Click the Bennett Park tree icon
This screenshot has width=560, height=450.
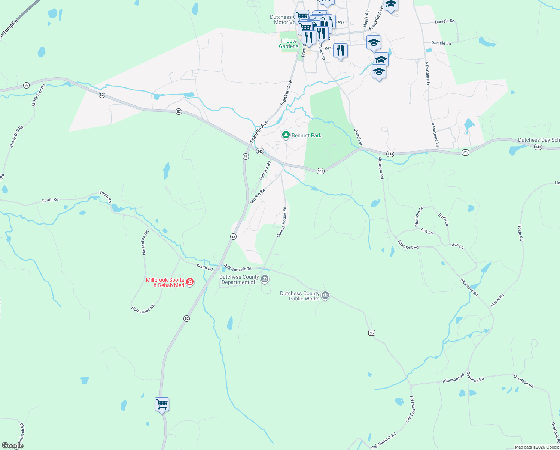coord(286,135)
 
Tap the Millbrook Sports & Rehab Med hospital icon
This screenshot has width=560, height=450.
coord(190,282)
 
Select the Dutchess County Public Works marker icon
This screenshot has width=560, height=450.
coord(325,295)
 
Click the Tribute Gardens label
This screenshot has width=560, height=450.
coord(289,44)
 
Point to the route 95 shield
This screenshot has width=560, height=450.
coord(371,333)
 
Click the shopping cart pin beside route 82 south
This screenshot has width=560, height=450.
coord(162,405)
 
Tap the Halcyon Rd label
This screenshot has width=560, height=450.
coord(265,171)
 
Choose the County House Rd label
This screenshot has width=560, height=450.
coord(281,222)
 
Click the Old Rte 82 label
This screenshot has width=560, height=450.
coord(257,196)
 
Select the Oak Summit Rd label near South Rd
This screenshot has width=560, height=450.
coord(238,268)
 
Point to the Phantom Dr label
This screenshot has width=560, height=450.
coord(419,217)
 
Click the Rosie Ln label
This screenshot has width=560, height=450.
coord(443,219)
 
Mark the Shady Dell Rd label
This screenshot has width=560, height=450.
coord(39,95)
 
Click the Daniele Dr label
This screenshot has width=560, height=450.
coord(444,21)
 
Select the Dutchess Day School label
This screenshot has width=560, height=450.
coord(539,140)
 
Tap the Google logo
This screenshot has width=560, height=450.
coord(13,445)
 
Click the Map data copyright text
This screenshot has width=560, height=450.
coord(537,447)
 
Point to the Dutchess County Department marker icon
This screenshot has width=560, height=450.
coord(265,279)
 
